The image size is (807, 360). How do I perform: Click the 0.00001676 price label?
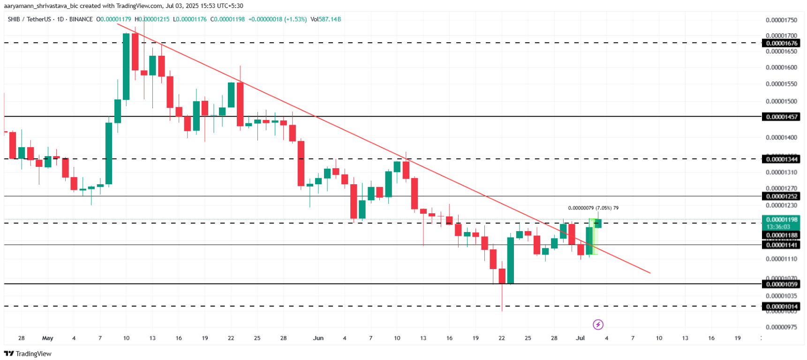(782, 43)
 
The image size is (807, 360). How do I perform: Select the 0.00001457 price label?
(782, 117)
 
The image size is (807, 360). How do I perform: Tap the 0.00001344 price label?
(782, 159)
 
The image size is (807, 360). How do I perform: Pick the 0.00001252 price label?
(782, 196)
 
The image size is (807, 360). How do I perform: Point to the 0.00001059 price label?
(782, 284)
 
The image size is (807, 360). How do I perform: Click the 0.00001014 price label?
(782, 307)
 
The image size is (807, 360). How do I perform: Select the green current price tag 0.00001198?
(782, 220)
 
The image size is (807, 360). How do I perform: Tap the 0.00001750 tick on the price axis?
(781, 20)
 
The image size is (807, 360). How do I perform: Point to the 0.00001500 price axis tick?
(781, 101)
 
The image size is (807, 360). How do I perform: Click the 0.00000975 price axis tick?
(781, 327)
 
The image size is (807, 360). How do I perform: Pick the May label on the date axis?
(48, 338)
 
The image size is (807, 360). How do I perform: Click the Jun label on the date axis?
(318, 338)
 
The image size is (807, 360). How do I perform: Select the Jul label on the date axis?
(581, 338)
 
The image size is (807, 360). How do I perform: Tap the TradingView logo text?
(33, 354)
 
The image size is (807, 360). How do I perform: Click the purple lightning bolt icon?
(598, 324)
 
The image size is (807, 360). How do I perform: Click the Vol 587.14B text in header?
(326, 19)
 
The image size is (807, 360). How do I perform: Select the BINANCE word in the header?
(81, 19)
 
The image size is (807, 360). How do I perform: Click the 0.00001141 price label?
(782, 245)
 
